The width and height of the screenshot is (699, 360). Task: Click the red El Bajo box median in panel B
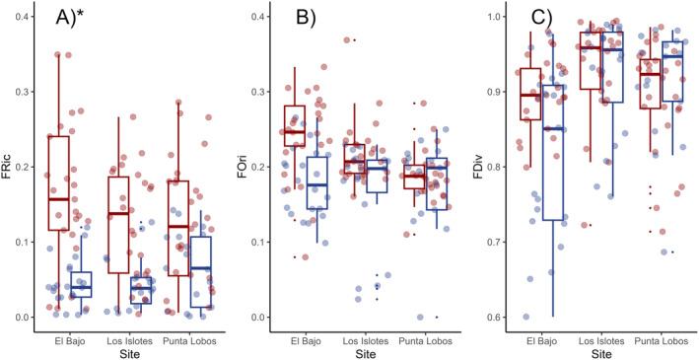(x=294, y=131)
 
